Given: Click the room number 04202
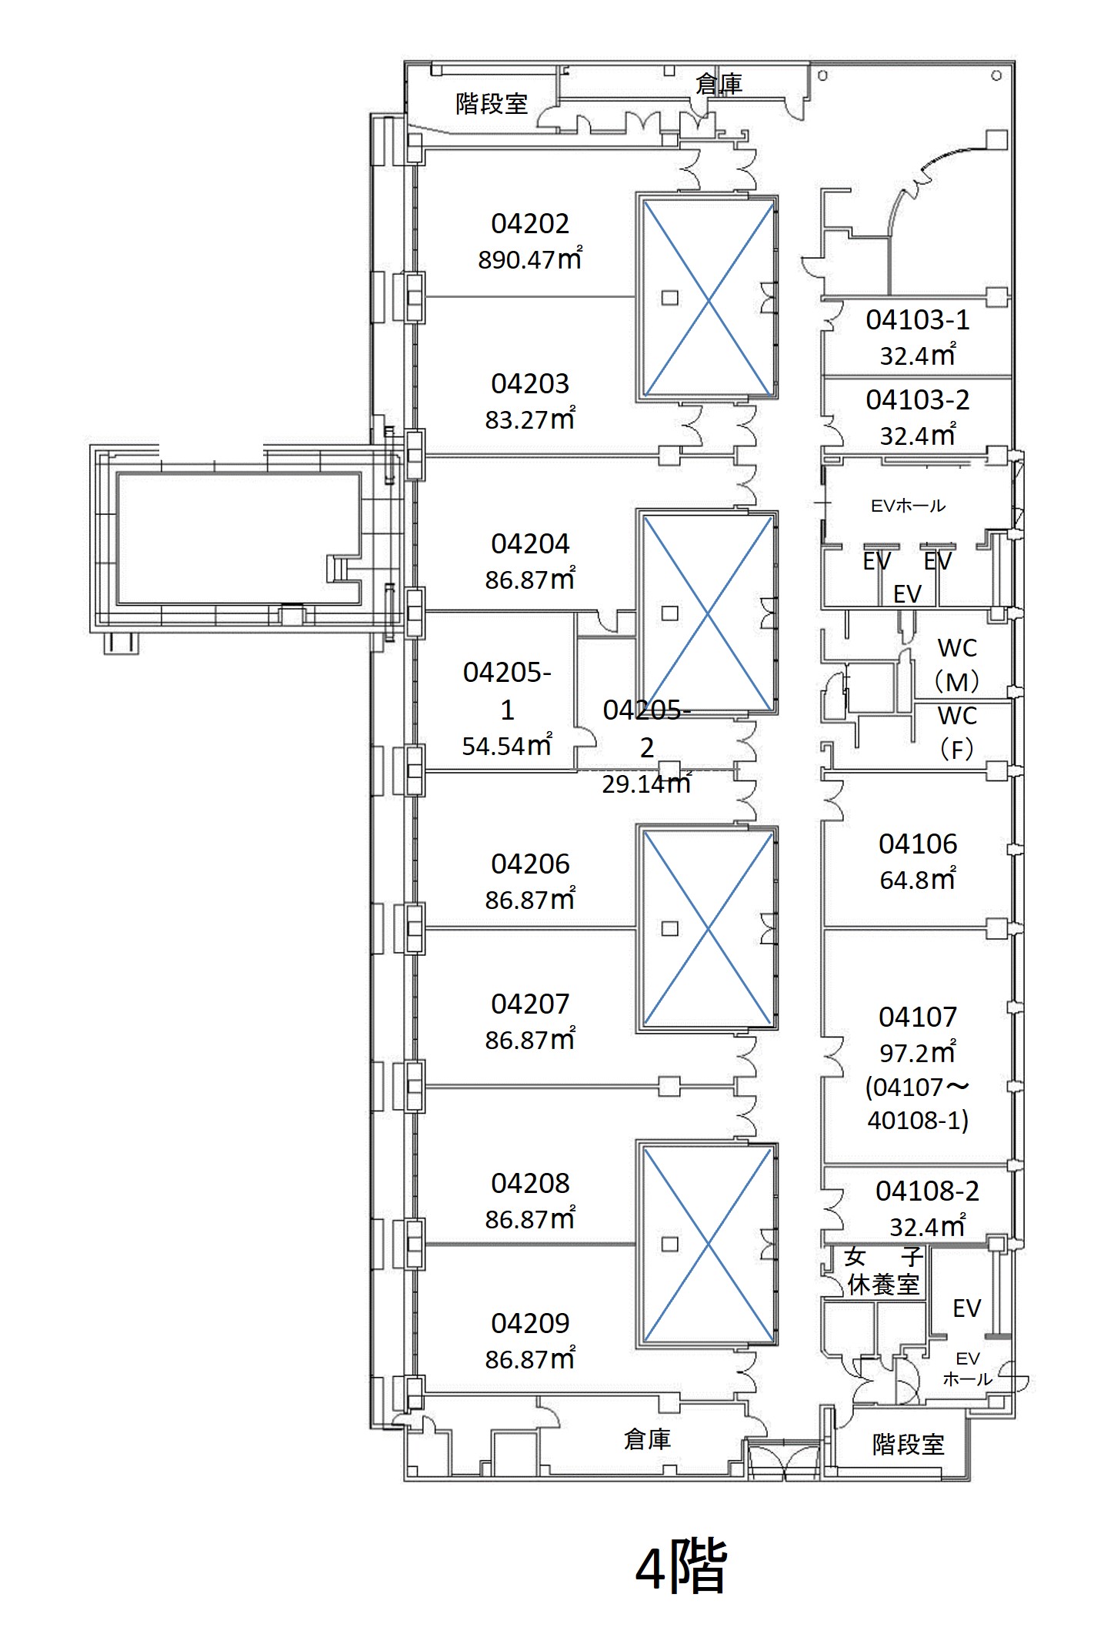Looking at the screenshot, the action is click(530, 224).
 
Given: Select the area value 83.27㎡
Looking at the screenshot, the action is click(530, 419).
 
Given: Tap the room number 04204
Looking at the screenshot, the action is click(530, 544).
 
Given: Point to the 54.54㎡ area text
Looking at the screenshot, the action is click(507, 745).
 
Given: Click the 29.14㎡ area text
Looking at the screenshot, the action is click(646, 783).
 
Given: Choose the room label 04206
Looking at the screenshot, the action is click(530, 864).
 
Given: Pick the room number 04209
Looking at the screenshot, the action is click(530, 1323).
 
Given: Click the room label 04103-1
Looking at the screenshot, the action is click(918, 320).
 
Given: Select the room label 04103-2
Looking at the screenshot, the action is click(918, 400).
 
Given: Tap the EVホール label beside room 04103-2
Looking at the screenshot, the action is click(908, 506).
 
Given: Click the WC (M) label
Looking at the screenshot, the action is click(957, 665).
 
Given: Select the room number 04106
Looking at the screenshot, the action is click(918, 844).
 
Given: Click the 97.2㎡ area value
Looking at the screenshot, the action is click(918, 1052).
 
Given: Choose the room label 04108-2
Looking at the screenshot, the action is click(927, 1191).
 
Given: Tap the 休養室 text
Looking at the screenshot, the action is click(883, 1285).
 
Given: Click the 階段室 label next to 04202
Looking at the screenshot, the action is click(492, 103).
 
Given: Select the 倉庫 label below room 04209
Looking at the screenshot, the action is click(647, 1438).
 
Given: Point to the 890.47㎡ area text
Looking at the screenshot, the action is click(530, 259).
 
